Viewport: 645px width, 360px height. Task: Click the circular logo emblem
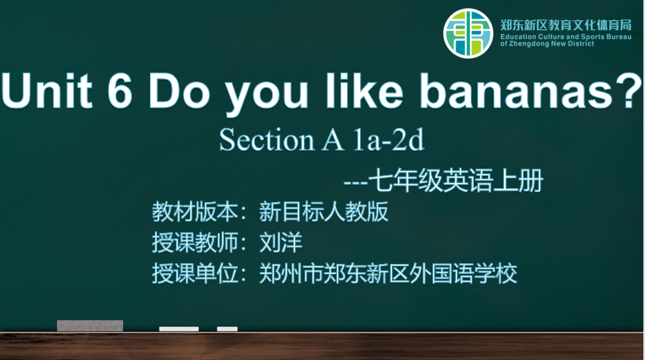pos(468,33)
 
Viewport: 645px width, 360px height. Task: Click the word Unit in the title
pos(47,90)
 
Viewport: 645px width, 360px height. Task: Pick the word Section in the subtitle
pos(267,139)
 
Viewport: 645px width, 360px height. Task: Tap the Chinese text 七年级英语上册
pos(456,181)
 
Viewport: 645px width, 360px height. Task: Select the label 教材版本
pos(195,212)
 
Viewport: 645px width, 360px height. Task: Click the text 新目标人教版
pos(324,212)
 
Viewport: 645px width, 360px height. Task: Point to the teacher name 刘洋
pos(281,243)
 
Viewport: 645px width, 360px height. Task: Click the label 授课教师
pos(195,243)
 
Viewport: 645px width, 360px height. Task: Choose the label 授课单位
pos(195,273)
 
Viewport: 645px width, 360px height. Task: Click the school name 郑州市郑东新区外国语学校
pos(388,273)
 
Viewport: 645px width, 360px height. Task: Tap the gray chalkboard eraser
pos(90,326)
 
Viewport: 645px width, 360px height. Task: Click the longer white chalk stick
pos(179,329)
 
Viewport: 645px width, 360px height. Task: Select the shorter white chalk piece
pos(227,329)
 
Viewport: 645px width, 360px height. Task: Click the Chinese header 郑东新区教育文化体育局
pos(566,25)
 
